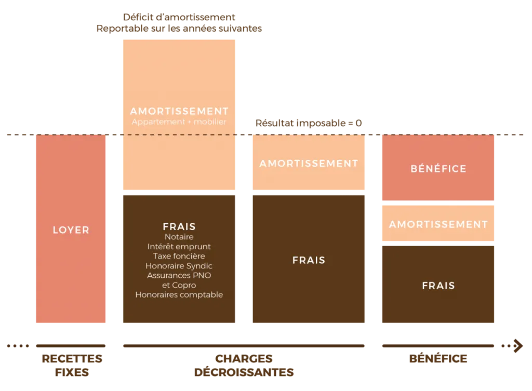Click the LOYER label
pyautogui.click(x=71, y=230)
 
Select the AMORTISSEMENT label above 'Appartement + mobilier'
pyautogui.click(x=179, y=111)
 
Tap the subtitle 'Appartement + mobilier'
pyautogui.click(x=179, y=122)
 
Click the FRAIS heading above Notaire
pyautogui.click(x=179, y=226)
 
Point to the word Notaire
pyautogui.click(x=179, y=237)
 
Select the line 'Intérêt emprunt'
pyautogui.click(x=179, y=247)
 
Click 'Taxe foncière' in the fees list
pyautogui.click(x=179, y=256)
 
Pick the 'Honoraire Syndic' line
pyautogui.click(x=179, y=266)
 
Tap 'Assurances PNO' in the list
pyautogui.click(x=179, y=275)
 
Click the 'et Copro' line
pyautogui.click(x=179, y=285)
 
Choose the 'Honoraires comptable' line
pyautogui.click(x=179, y=294)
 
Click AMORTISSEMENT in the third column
pyautogui.click(x=309, y=163)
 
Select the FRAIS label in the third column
pyautogui.click(x=309, y=260)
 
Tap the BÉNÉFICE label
pyautogui.click(x=438, y=169)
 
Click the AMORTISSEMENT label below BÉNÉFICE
pyautogui.click(x=438, y=224)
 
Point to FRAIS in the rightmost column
pyautogui.click(x=438, y=285)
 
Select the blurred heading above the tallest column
pyautogui.click(x=180, y=23)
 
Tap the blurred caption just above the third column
pyautogui.click(x=310, y=124)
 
